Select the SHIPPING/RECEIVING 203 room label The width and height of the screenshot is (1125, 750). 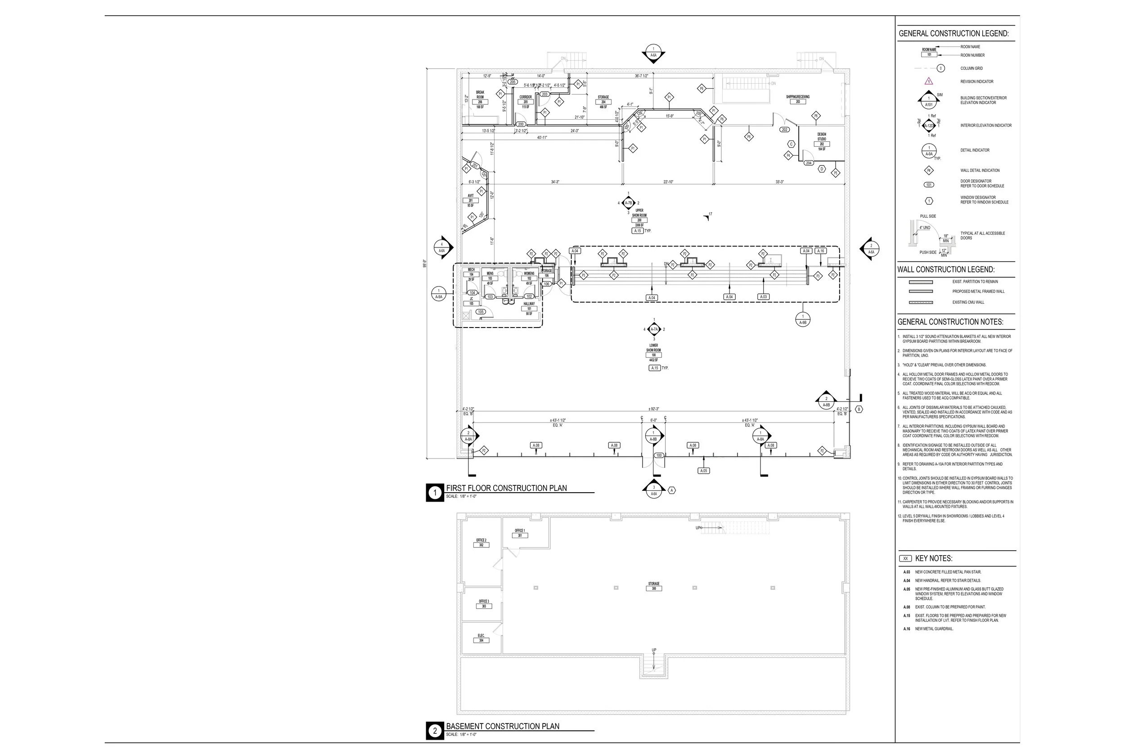(797, 99)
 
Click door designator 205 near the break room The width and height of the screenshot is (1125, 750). (513, 82)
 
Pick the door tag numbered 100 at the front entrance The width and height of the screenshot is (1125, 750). (659, 455)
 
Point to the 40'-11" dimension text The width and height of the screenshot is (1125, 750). (541, 137)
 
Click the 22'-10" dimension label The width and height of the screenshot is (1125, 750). (668, 182)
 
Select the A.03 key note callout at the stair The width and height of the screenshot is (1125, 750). (763, 297)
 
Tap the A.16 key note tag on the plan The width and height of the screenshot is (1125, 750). (821, 251)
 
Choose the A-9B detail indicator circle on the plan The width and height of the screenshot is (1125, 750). (803, 319)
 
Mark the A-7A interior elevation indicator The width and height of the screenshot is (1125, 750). (654, 329)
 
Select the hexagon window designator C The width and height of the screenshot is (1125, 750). (791, 144)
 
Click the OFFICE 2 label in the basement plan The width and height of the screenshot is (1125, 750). (481, 543)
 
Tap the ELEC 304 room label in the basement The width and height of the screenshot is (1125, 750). (481, 638)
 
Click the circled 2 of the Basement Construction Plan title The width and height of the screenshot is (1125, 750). (435, 731)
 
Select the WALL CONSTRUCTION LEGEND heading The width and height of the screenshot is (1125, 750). (945, 269)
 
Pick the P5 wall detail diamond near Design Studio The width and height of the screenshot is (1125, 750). (835, 173)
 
